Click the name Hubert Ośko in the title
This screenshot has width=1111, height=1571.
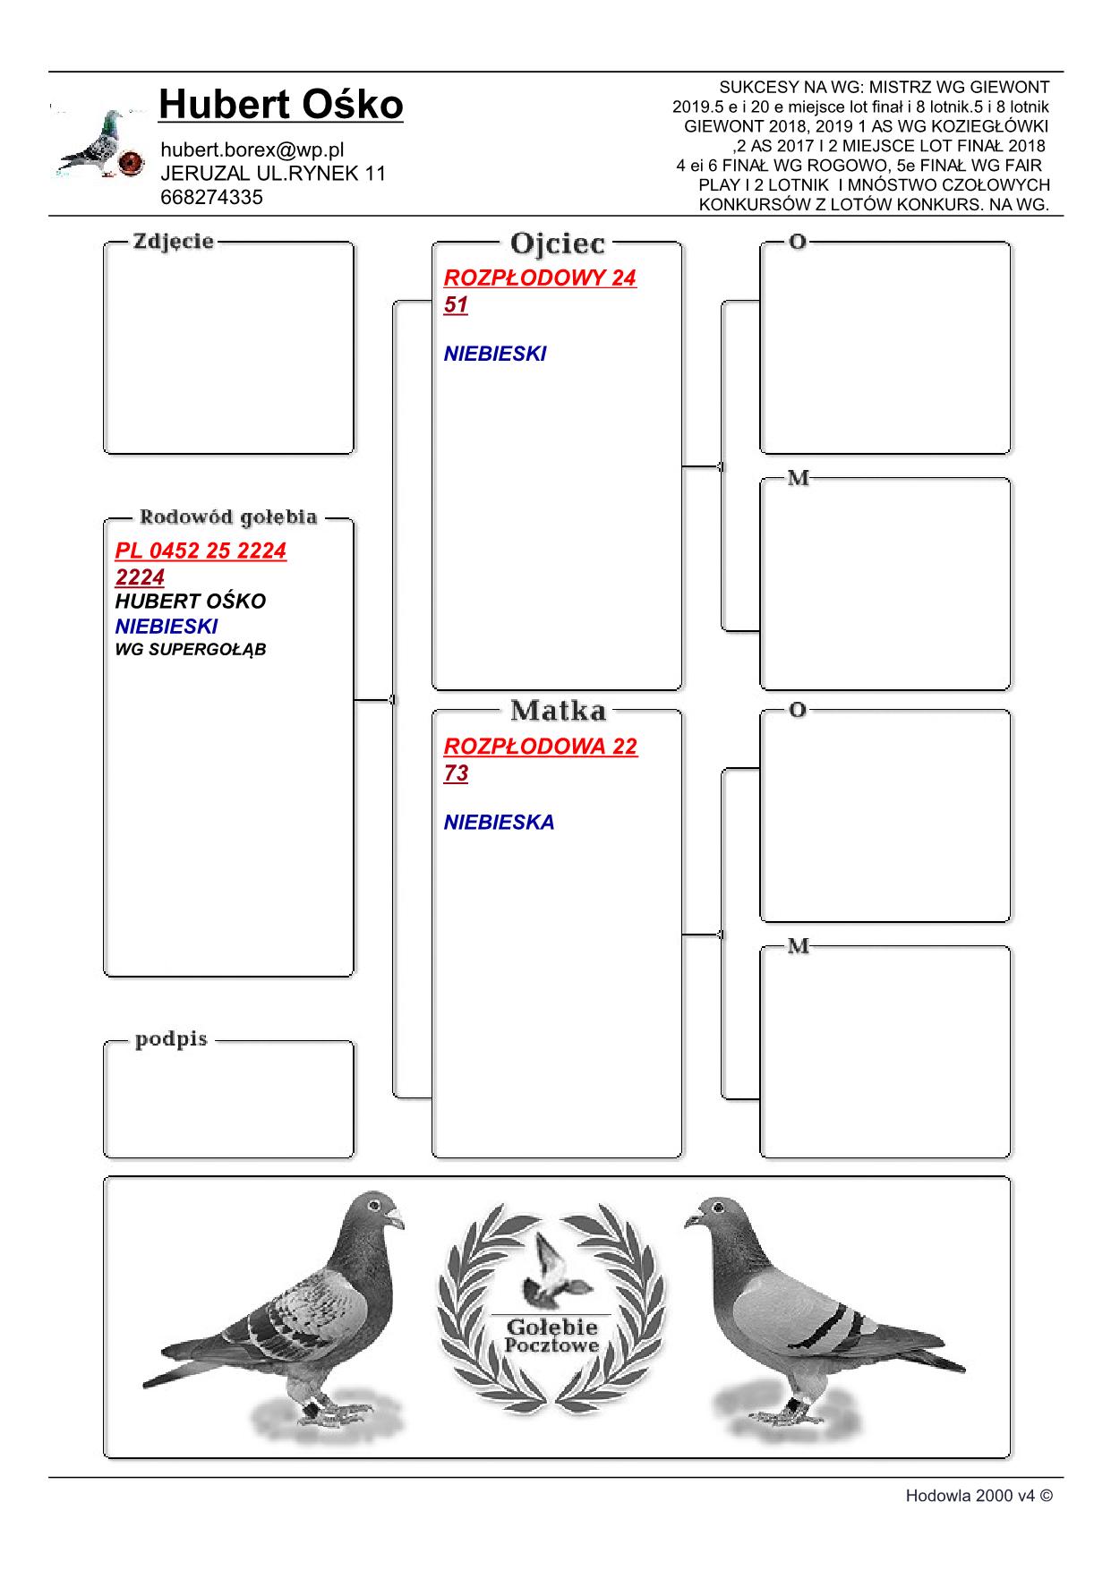pyautogui.click(x=280, y=106)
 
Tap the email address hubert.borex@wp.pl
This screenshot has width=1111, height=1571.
pyautogui.click(x=252, y=149)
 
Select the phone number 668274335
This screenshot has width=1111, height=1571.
pyautogui.click(x=211, y=198)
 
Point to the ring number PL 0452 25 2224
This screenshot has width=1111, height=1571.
pyautogui.click(x=201, y=550)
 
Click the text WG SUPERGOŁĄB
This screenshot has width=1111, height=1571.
pyautogui.click(x=191, y=649)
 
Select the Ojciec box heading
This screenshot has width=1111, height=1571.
pyautogui.click(x=557, y=243)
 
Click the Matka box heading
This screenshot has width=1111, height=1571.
pyautogui.click(x=557, y=711)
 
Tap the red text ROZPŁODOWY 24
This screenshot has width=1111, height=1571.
pyautogui.click(x=540, y=277)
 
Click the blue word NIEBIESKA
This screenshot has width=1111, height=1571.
pyautogui.click(x=499, y=822)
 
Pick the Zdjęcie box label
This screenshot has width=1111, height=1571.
pyautogui.click(x=174, y=241)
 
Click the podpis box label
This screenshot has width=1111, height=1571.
pyautogui.click(x=171, y=1039)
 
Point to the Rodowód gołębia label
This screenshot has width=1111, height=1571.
pyautogui.click(x=227, y=517)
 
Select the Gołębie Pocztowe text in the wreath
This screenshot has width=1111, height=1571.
pyautogui.click(x=551, y=1335)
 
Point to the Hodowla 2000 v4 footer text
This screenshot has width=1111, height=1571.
pyautogui.click(x=979, y=1495)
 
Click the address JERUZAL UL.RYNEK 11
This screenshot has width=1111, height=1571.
pyautogui.click(x=273, y=174)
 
